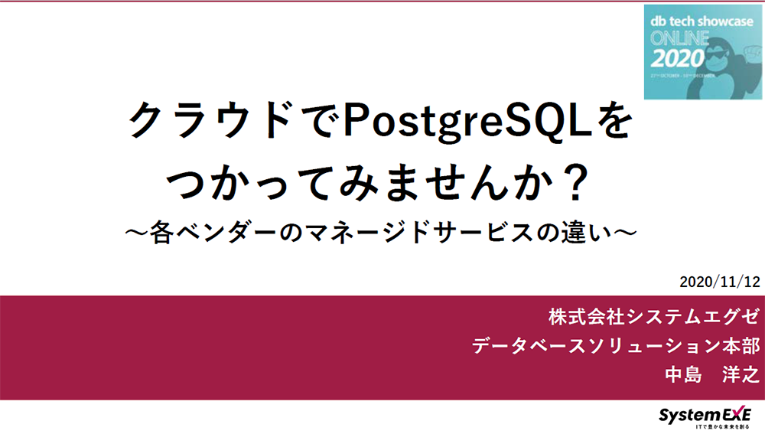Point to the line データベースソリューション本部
615,345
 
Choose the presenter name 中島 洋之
711,375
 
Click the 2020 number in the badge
676,59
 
